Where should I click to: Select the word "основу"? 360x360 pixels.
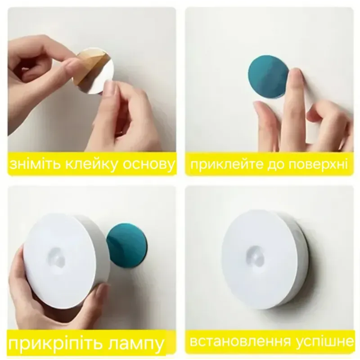[x=148, y=165]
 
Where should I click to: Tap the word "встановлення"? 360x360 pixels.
[x=240, y=342]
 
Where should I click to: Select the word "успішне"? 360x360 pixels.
[x=324, y=342]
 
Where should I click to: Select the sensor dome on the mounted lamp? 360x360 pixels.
[x=256, y=254]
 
